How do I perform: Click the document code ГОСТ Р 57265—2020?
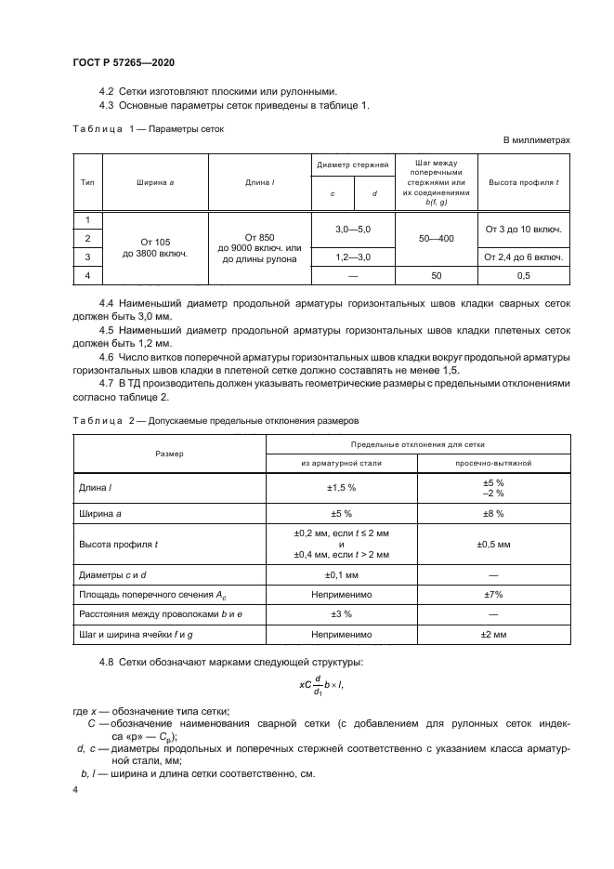coord(123,62)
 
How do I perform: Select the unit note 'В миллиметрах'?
coord(536,139)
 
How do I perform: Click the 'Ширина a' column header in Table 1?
coord(155,182)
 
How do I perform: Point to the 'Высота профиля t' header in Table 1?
coord(523,182)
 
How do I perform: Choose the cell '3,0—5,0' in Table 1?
coord(352,229)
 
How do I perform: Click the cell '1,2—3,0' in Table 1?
coord(352,256)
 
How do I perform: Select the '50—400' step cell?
coord(437,239)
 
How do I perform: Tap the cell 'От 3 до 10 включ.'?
coord(523,229)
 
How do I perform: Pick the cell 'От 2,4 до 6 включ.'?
coord(523,256)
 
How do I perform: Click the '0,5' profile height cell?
coord(523,276)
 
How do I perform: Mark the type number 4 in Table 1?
coord(87,276)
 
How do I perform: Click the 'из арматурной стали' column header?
coord(341,462)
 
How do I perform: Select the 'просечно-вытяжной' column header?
coord(492,462)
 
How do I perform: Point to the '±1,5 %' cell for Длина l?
coord(341,488)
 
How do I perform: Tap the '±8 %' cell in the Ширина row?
coord(492,513)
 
